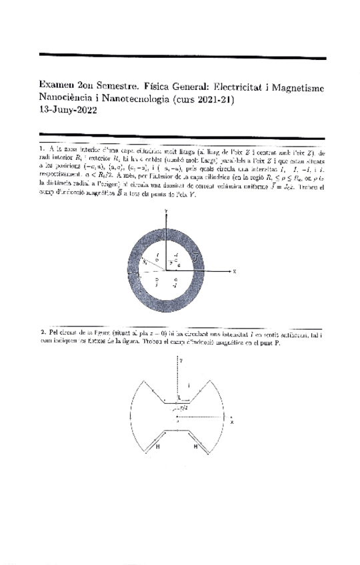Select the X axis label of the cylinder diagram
pyautogui.click(x=234, y=271)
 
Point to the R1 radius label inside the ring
pyautogui.click(x=146, y=263)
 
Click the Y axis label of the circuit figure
pyautogui.click(x=181, y=358)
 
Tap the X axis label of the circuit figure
pyautogui.click(x=231, y=422)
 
